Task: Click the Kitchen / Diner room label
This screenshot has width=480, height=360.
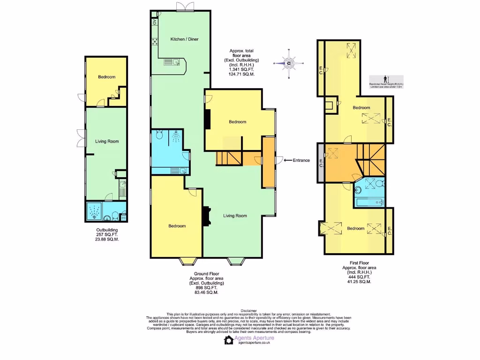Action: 184,39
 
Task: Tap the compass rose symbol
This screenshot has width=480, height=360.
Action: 289,63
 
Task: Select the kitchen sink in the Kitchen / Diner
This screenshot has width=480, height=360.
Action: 172,62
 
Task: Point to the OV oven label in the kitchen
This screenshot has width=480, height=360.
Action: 154,22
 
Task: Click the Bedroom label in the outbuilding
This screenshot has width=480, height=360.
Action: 106,77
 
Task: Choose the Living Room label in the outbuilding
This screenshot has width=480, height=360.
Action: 107,141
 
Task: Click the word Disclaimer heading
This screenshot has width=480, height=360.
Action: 248,310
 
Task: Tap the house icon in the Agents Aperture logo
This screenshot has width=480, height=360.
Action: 229,340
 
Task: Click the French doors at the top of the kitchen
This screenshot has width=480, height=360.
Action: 185,7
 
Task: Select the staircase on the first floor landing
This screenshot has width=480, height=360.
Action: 370,157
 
